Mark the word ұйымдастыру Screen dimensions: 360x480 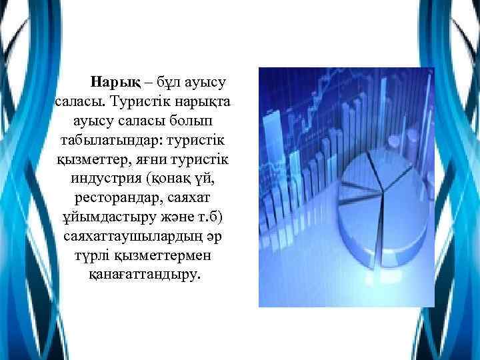(98, 218)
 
